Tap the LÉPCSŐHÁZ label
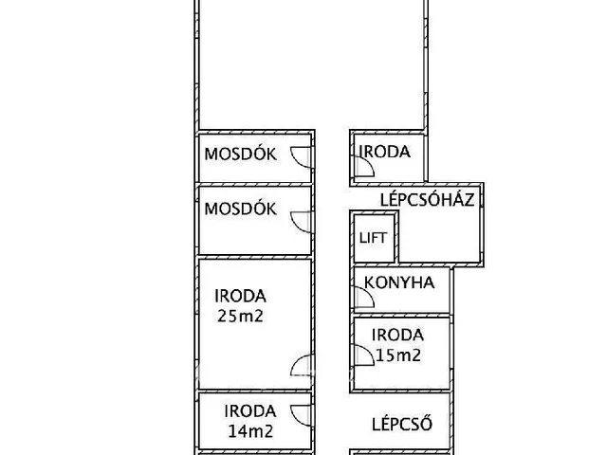[427, 200]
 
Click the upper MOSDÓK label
[241, 155]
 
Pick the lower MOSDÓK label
[241, 209]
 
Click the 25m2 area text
[240, 315]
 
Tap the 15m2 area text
[397, 355]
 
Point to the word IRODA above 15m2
[397, 335]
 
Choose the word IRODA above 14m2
[250, 410]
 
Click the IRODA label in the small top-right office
[385, 152]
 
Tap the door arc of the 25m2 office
[301, 365]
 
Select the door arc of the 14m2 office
[301, 413]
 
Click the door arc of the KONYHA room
[362, 298]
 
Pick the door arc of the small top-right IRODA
[362, 168]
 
